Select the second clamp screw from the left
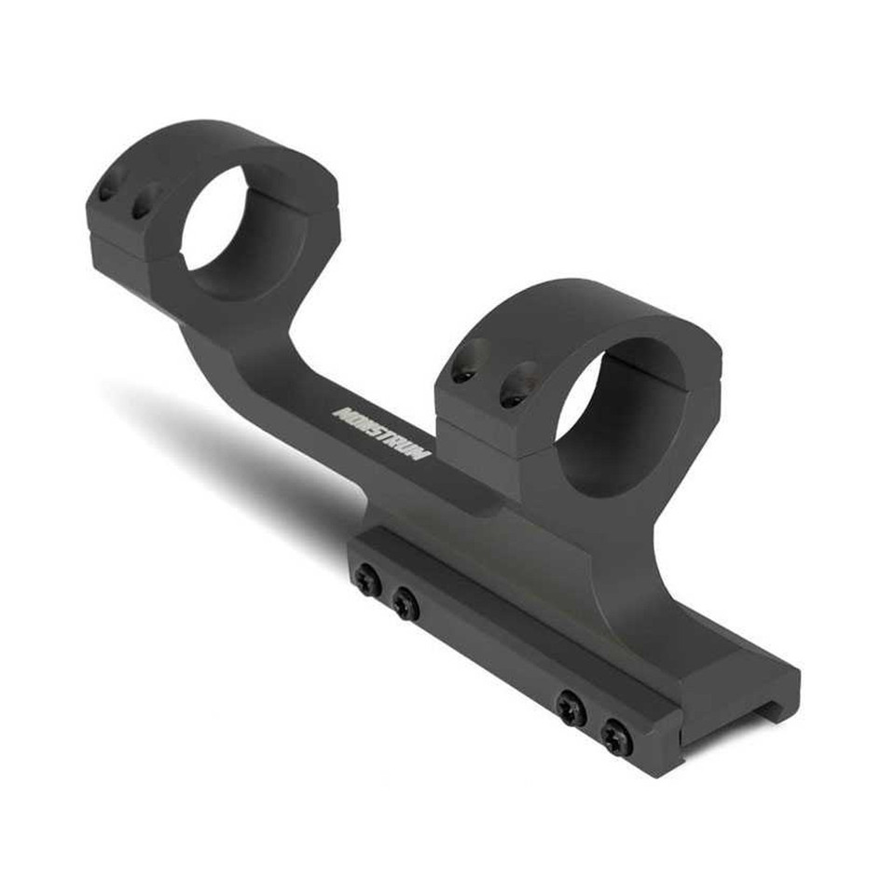(x=406, y=605)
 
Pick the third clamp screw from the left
(x=571, y=710)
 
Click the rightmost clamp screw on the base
(x=616, y=738)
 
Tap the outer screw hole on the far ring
(x=109, y=191)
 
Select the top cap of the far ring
(x=214, y=140)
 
